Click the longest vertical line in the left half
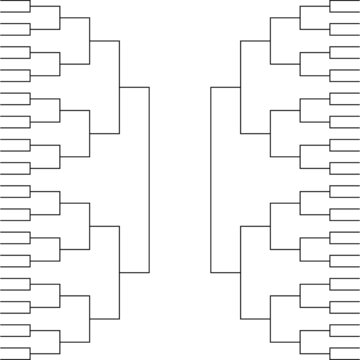coord(149,179)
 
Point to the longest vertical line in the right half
coord(210,179)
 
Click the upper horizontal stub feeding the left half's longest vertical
coord(134,87)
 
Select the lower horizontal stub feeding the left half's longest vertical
coord(134,272)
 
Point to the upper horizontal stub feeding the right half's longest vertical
coord(225,87)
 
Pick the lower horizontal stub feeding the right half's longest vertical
coord(225,272)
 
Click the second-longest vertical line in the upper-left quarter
coord(119,87)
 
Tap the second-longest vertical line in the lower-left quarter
coord(119,272)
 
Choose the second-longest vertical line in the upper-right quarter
coord(240,87)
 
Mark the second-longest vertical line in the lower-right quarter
coord(240,272)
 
